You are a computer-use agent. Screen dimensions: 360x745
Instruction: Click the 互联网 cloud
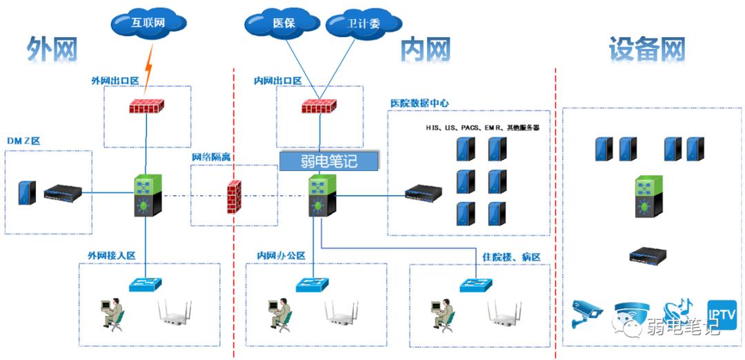click(x=148, y=22)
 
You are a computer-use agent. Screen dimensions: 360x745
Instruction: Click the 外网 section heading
click(x=52, y=50)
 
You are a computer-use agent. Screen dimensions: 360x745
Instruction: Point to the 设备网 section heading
click(x=646, y=50)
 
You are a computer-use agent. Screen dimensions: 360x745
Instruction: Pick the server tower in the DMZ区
click(x=27, y=192)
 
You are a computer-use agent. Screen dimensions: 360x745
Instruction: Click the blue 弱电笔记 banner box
click(x=329, y=161)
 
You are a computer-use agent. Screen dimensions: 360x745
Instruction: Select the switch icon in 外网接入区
click(x=146, y=283)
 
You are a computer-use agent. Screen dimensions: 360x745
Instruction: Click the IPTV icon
click(x=722, y=314)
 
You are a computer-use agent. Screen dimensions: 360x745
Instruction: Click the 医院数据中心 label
click(x=419, y=103)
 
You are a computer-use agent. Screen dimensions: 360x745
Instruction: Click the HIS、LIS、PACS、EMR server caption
click(x=482, y=128)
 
